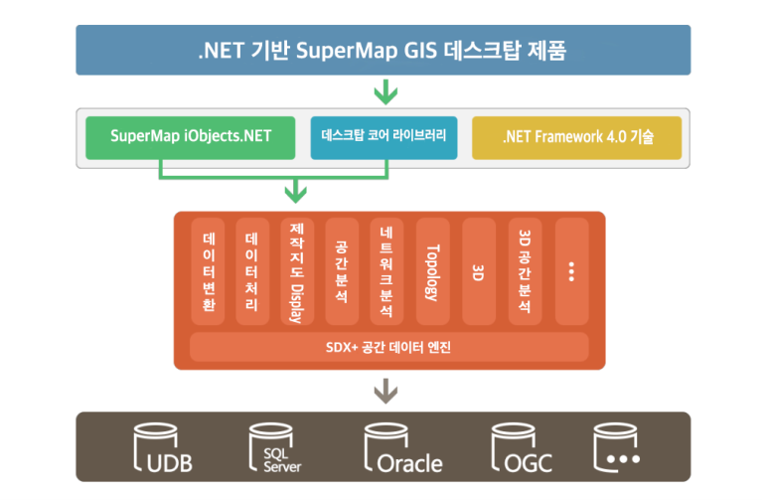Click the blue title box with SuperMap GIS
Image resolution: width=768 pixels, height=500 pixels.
pyautogui.click(x=384, y=50)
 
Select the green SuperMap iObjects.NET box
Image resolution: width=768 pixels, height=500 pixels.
pyautogui.click(x=190, y=137)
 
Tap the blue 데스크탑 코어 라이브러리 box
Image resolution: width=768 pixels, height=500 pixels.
pyautogui.click(x=384, y=137)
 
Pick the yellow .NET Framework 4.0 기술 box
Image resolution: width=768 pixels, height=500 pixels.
pyautogui.click(x=577, y=137)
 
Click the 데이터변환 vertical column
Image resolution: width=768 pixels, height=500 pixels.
pyautogui.click(x=209, y=271)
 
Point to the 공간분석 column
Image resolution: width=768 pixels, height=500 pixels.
pyautogui.click(x=342, y=271)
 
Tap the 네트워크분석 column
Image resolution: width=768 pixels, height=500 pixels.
pyautogui.click(x=386, y=271)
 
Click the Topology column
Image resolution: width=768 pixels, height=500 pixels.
pyautogui.click(x=432, y=271)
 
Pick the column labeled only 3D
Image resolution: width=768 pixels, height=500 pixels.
pyautogui.click(x=478, y=271)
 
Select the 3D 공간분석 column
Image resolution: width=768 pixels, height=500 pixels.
pyautogui.click(x=524, y=271)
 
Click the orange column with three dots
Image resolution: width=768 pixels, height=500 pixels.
pyautogui.click(x=570, y=271)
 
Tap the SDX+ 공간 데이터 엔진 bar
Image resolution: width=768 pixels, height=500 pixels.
pyautogui.click(x=388, y=347)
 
